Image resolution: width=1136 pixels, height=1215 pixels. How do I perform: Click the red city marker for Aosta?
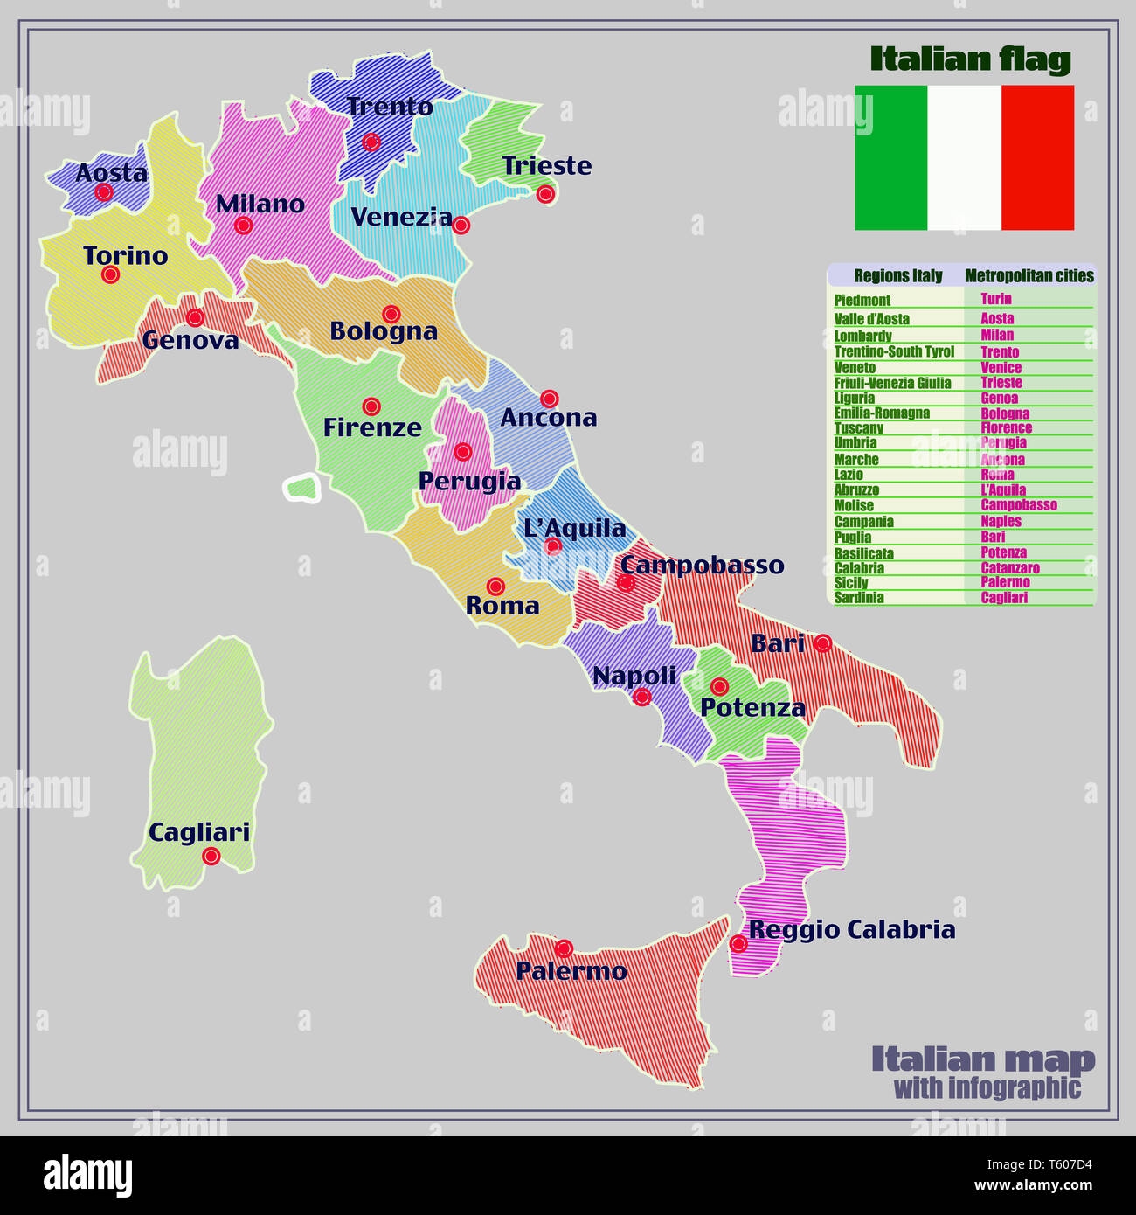tap(104, 192)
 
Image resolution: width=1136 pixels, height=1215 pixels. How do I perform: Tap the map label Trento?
tap(390, 107)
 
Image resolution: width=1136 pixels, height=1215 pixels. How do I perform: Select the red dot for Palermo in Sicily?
tap(564, 948)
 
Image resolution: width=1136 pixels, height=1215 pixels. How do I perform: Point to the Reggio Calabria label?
tap(852, 929)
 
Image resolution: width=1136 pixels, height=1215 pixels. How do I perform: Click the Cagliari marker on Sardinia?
tap(211, 856)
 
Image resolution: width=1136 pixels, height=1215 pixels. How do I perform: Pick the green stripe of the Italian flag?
tap(890, 157)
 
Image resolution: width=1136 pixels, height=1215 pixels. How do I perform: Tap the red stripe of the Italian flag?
tap(1037, 157)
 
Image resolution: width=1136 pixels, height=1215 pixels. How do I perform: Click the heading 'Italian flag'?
tap(970, 59)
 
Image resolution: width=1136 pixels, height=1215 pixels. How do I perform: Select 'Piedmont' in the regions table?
tap(862, 300)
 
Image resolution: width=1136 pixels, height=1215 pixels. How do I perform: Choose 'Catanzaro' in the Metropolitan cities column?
tap(1010, 568)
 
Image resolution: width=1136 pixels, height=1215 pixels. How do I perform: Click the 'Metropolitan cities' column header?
tap(1029, 276)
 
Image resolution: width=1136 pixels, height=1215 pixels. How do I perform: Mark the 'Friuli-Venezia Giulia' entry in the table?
tap(892, 383)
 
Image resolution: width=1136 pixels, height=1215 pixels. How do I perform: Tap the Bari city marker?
tap(822, 643)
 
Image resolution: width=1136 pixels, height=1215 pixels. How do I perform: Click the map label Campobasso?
tap(703, 565)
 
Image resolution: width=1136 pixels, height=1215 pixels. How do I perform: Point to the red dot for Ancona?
tap(549, 399)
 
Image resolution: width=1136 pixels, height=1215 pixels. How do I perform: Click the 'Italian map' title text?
tap(983, 1059)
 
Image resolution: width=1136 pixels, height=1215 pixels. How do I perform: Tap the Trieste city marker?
tap(546, 193)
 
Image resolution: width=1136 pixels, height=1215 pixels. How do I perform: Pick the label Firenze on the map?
tap(372, 427)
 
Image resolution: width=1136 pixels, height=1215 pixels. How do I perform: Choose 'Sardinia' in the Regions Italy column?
tap(859, 598)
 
